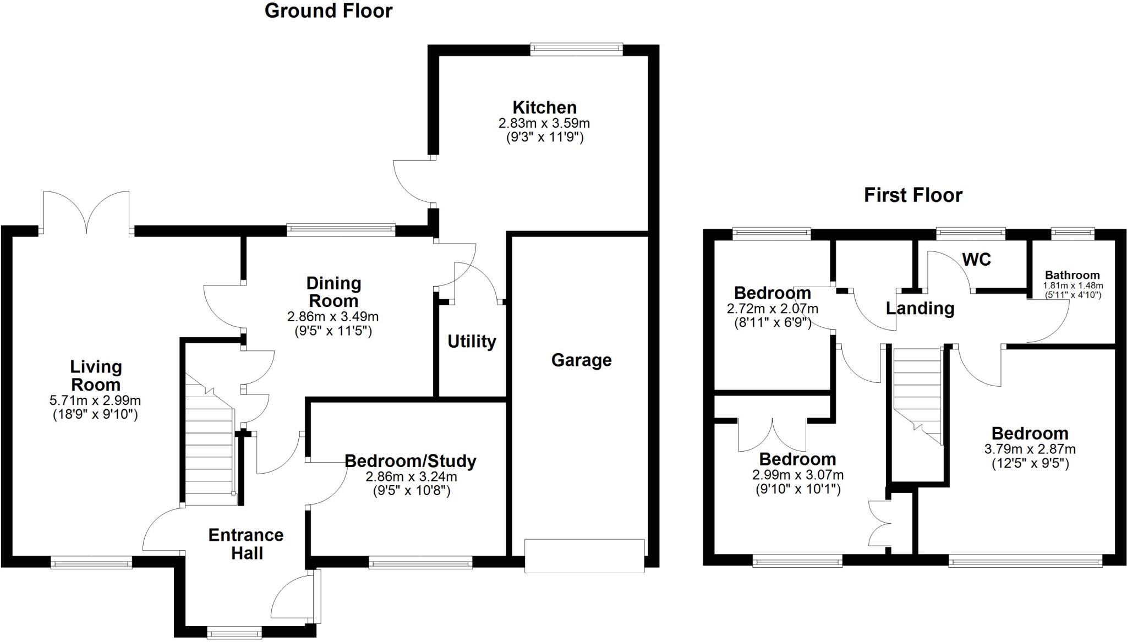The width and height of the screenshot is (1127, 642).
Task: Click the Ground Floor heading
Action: (329, 11)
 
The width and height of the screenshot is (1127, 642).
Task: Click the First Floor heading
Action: (913, 195)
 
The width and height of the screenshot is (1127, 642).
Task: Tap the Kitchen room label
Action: (544, 107)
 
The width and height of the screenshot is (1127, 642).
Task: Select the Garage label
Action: (581, 360)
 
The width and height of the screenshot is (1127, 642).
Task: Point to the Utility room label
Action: (472, 342)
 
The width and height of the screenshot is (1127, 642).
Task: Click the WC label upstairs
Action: (976, 259)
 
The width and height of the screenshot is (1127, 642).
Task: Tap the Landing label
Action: (920, 308)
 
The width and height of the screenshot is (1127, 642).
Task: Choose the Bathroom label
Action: (1072, 275)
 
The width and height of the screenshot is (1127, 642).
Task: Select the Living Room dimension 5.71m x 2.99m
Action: (95, 400)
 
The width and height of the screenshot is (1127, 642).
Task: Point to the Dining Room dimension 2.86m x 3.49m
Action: (333, 317)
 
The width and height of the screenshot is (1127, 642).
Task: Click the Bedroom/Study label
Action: (411, 461)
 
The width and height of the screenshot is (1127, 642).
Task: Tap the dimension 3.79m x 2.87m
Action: (1030, 449)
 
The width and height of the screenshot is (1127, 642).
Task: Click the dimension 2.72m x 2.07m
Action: (772, 309)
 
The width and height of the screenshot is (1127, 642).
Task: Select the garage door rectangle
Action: (584, 556)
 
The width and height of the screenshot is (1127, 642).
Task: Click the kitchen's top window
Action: (576, 50)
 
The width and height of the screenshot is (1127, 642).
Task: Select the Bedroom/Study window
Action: (420, 562)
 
